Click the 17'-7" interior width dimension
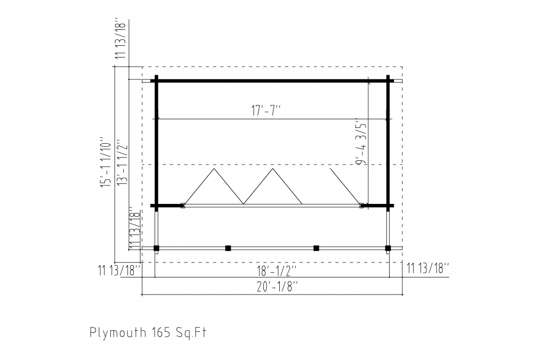coord(266,111)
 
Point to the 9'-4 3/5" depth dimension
coord(362,141)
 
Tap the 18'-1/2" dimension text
coord(276,271)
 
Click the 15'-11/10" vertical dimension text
coord(106,162)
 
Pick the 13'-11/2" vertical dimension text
coord(122,162)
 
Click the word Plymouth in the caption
coord(118,332)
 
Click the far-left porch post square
coord(156,248)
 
